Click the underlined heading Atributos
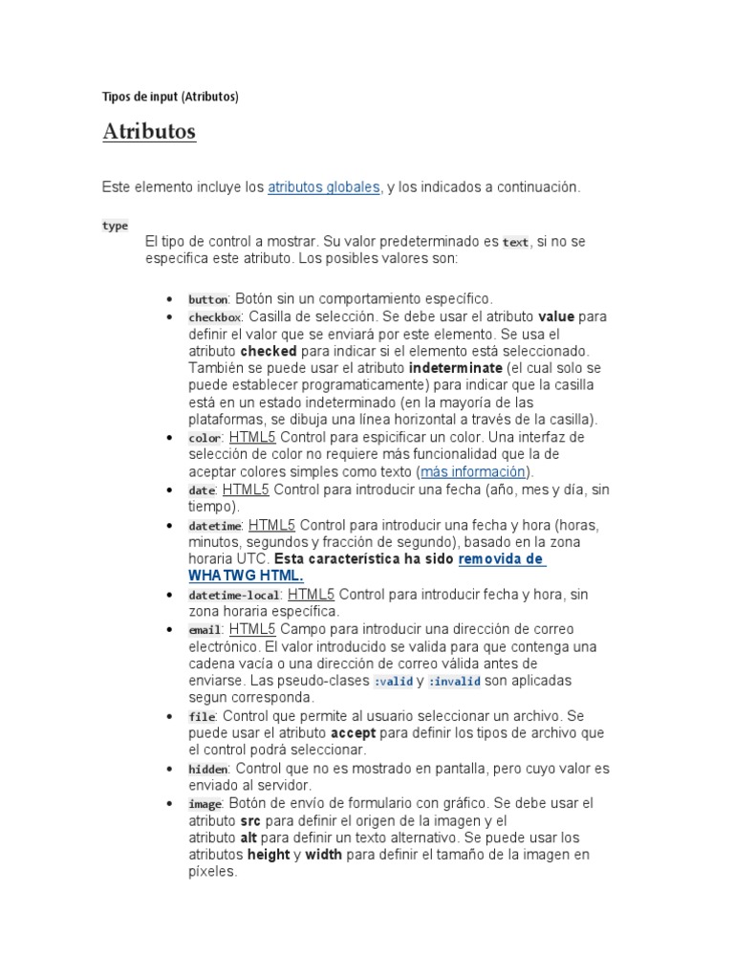[149, 132]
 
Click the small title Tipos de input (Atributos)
[170, 97]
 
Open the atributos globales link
[323, 187]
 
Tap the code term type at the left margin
[115, 226]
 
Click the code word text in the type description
[515, 243]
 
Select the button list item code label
[207, 299]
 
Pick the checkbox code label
[215, 317]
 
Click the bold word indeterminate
[455, 368]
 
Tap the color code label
[205, 438]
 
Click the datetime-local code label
[233, 596]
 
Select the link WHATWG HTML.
[246, 576]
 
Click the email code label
[205, 630]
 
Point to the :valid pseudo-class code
[393, 682]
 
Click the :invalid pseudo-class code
[454, 682]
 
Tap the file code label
[202, 717]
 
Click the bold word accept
[354, 734]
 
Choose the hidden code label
[207, 769]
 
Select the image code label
[205, 804]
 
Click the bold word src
[250, 821]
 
